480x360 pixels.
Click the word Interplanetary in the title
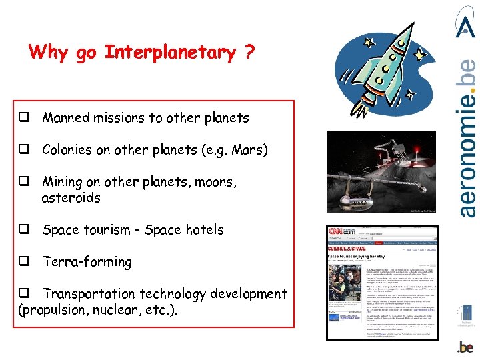[x=170, y=53]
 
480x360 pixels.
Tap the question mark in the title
[x=249, y=53]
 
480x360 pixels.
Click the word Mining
[x=63, y=182]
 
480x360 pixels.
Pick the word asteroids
[x=71, y=198]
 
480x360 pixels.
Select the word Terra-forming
[x=87, y=262]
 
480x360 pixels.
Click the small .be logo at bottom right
[x=465, y=346]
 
